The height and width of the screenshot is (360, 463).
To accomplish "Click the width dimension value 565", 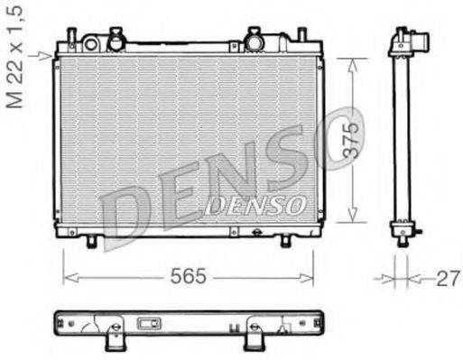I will click(x=187, y=276).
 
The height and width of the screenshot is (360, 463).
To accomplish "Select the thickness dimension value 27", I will click(x=445, y=278).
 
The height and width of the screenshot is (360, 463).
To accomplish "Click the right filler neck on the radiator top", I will click(x=255, y=40).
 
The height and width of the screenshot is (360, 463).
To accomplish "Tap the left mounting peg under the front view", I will click(x=92, y=241).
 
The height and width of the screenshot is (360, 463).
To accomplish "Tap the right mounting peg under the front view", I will click(x=286, y=241).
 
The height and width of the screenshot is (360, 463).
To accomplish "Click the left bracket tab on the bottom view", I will click(x=115, y=338).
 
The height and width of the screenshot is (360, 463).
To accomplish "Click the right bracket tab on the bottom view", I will click(x=255, y=338).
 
